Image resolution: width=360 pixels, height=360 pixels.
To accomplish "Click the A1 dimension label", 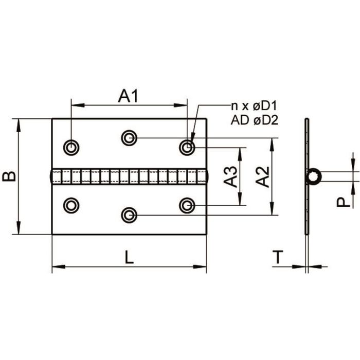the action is tap(128, 96).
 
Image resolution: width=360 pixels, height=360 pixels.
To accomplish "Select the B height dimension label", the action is tap(9, 176).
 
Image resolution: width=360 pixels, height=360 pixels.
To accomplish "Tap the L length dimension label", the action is tap(129, 257).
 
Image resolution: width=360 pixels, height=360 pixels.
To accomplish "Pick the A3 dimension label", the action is tap(230, 176).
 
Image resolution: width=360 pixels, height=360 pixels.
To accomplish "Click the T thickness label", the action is tap(278, 257).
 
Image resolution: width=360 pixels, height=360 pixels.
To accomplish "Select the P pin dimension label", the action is tap(343, 202).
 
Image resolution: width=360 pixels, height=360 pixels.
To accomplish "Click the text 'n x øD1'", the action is tap(254, 106).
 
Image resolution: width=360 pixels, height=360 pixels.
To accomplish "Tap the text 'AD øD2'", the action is tap(255, 120).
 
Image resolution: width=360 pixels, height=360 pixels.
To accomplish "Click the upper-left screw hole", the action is tap(71, 147).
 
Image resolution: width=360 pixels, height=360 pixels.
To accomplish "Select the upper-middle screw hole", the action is tap(129, 138).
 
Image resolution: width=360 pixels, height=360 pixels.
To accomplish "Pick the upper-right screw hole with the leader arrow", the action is tap(187, 147).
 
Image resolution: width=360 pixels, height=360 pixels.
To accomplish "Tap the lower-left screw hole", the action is tap(71, 205).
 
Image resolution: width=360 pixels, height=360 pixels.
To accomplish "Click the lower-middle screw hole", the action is tap(129, 215).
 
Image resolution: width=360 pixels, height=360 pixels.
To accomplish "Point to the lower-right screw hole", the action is tap(187, 205).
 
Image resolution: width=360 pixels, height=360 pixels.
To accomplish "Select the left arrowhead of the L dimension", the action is tap(59, 266).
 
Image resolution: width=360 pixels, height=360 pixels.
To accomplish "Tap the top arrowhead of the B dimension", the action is tap(19, 125).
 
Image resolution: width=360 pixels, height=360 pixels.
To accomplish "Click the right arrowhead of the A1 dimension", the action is tap(180, 105).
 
